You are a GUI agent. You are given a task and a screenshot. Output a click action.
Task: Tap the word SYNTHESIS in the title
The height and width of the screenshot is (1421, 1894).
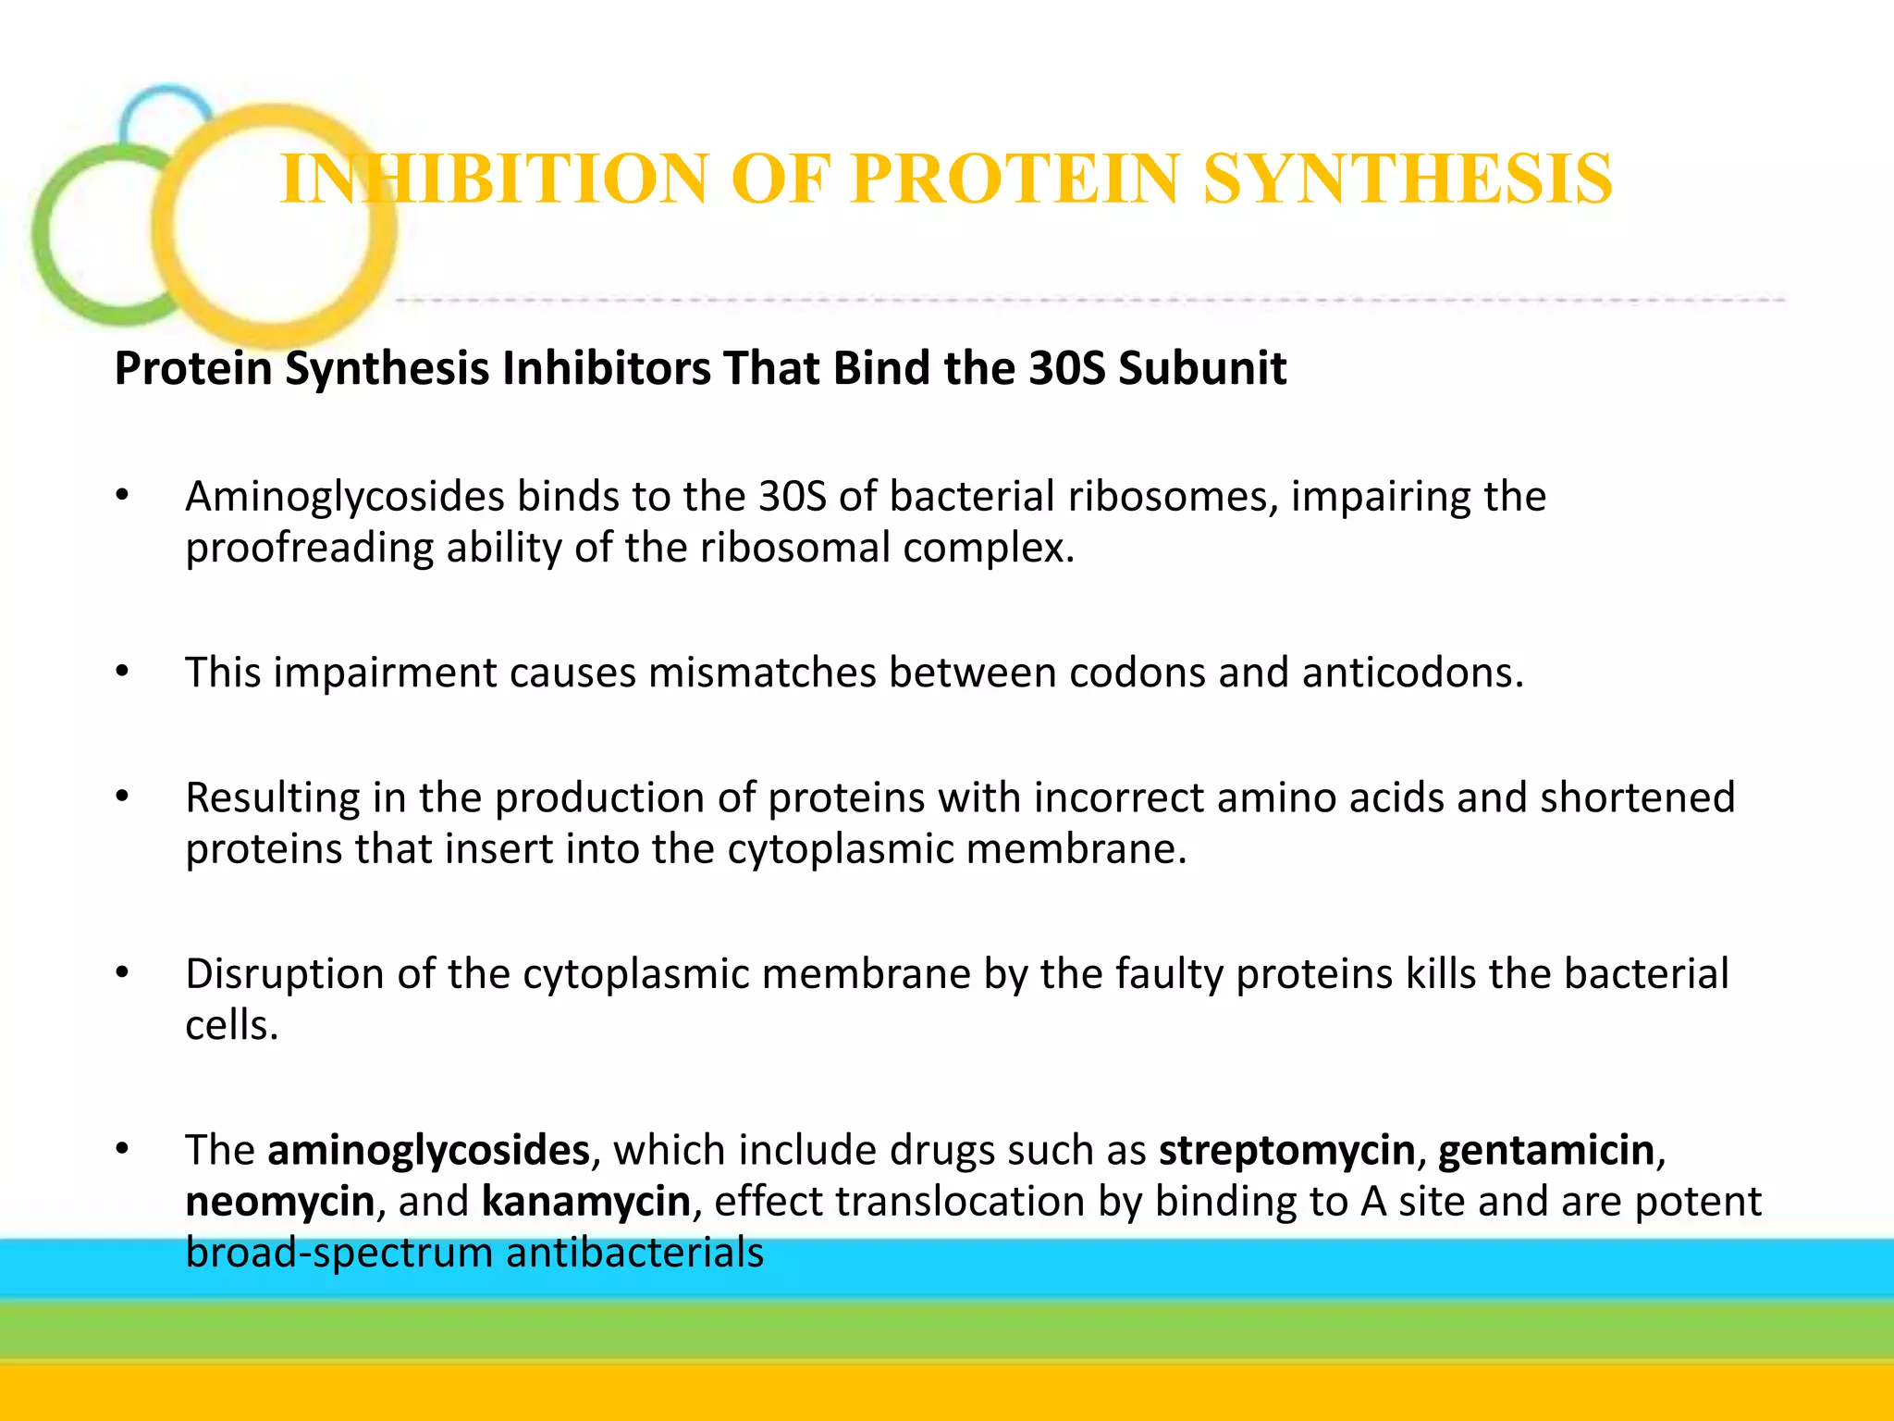click(1408, 179)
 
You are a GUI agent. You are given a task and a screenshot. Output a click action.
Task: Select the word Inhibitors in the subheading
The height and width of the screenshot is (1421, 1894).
click(607, 368)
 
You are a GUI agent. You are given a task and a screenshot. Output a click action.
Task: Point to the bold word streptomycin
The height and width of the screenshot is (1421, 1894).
click(1286, 1150)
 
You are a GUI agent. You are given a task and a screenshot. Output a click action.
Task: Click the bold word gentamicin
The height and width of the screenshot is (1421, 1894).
click(1546, 1150)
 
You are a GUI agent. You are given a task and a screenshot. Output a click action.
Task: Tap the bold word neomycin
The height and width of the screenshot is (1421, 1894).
click(279, 1202)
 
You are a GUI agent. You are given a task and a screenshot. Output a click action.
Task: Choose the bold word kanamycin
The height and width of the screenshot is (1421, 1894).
click(586, 1202)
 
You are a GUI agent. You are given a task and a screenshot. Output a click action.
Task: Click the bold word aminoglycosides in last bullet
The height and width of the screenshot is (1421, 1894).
click(428, 1150)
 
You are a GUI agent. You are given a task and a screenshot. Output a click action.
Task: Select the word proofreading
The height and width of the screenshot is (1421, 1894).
click(309, 548)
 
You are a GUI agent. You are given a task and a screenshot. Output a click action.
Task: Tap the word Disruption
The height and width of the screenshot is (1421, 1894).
click(284, 974)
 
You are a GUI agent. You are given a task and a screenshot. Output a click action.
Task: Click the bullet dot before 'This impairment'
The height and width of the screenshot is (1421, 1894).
click(122, 673)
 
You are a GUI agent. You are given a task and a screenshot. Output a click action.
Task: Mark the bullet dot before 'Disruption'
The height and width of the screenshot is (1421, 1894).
click(122, 974)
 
